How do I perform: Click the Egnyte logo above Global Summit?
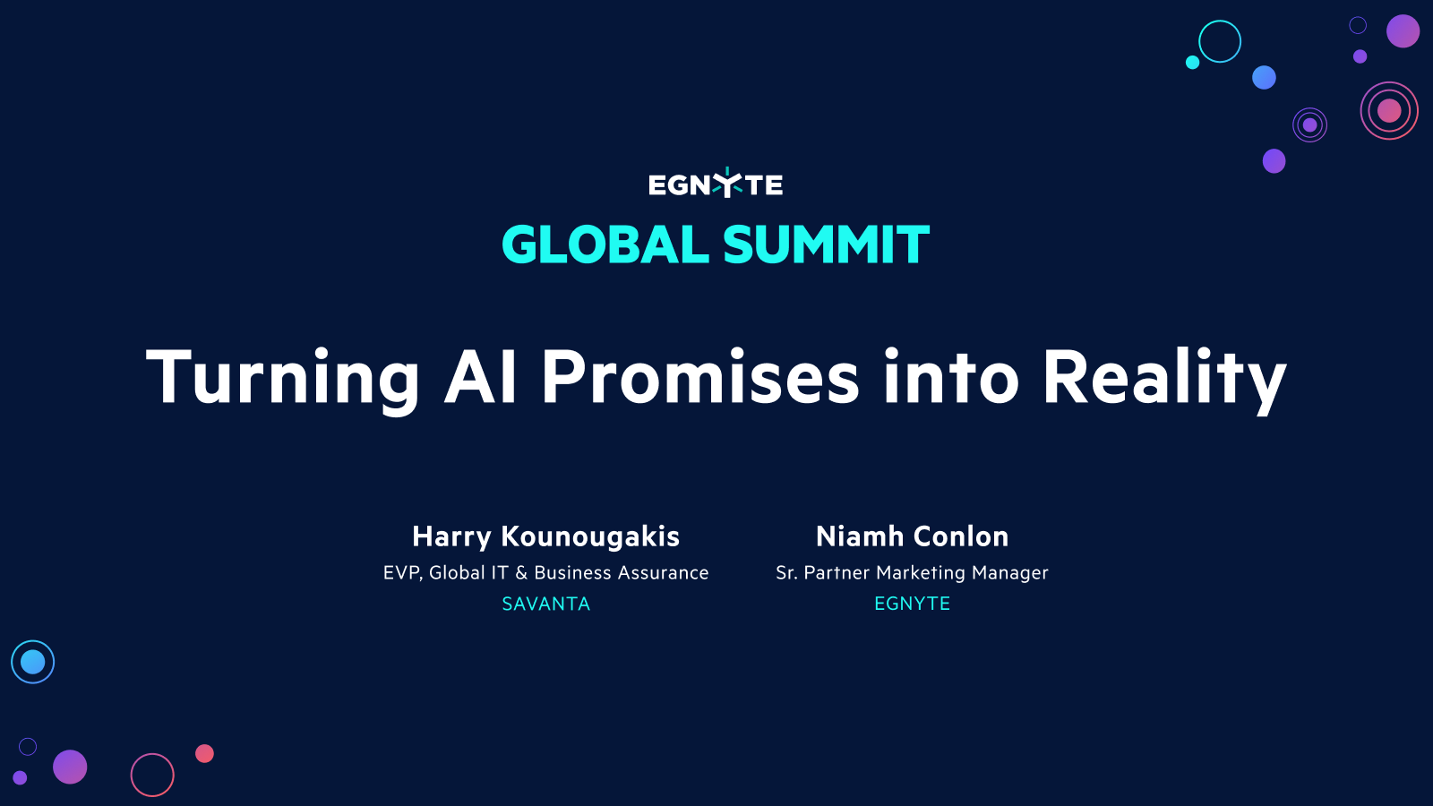716,184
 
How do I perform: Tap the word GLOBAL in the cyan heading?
605,245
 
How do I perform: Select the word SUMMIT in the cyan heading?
826,245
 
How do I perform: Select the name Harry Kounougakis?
545,536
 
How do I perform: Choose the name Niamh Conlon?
912,536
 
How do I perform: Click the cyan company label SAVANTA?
545,604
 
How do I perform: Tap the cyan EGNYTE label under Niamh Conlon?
912,604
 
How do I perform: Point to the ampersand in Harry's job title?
521,573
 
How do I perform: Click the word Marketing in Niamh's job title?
921,573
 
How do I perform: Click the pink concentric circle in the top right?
1389,110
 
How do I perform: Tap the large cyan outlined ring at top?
1220,41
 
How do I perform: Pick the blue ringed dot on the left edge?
33,662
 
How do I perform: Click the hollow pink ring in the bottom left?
152,775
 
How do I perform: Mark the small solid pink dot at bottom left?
204,753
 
